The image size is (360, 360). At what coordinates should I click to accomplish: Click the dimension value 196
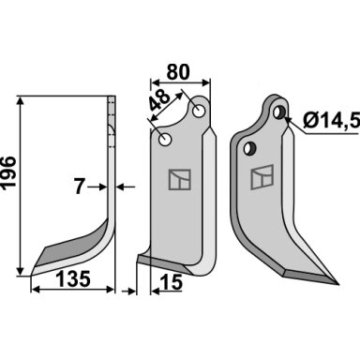coord(8,172)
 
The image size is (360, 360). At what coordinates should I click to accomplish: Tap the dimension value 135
coord(74,278)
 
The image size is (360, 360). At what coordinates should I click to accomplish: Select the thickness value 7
coord(80,187)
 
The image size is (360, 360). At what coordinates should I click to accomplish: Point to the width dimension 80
coord(178,72)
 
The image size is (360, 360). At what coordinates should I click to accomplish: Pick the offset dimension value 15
coord(171,282)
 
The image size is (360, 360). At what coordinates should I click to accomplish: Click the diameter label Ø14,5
coord(331,120)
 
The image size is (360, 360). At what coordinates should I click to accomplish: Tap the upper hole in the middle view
coord(198,111)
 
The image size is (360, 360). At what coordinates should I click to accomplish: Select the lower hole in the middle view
coord(165,140)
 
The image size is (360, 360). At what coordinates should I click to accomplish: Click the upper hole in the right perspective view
coord(278,112)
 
